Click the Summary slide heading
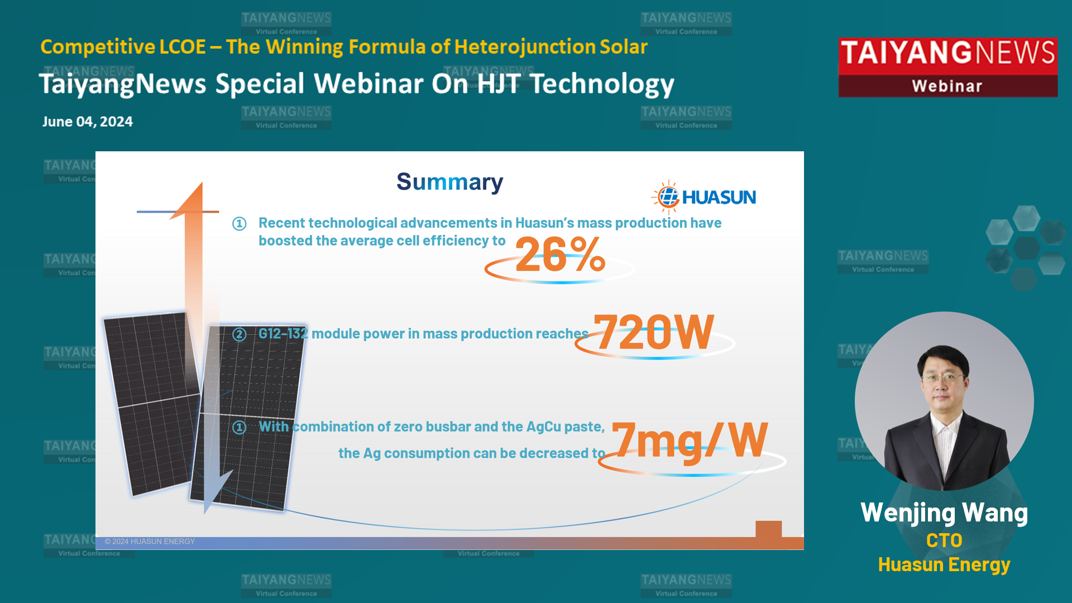click(450, 183)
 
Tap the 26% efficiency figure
click(560, 255)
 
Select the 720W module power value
click(653, 332)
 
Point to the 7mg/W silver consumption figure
click(690, 441)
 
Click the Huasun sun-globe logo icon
click(667, 197)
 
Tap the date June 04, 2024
click(88, 122)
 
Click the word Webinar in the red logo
click(947, 86)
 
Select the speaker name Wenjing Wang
click(944, 513)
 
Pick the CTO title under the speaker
click(944, 540)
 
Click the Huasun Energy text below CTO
click(944, 565)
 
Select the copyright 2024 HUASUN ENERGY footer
click(150, 542)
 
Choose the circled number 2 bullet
click(240, 334)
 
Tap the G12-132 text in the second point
click(283, 333)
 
